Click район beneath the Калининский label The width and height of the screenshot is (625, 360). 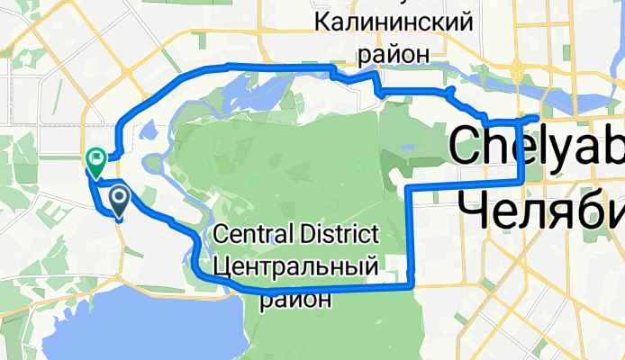(x=394, y=54)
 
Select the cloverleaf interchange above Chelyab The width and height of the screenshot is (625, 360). (x=516, y=69)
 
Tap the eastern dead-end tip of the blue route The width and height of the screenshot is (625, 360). (x=537, y=119)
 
